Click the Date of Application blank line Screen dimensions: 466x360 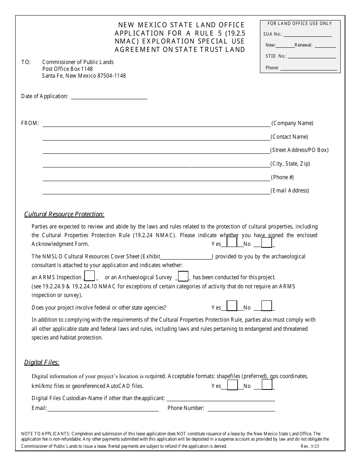[109, 97]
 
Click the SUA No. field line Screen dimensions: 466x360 [307, 34]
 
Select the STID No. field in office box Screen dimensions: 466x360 [311, 56]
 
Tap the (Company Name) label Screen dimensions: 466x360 [292, 123]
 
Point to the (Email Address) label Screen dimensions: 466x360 [290, 191]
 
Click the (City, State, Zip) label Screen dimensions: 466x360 [290, 164]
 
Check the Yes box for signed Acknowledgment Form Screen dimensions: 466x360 [232, 242]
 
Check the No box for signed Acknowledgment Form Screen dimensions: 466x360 [266, 242]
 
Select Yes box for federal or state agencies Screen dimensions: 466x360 [232, 306]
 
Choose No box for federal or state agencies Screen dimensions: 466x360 [267, 306]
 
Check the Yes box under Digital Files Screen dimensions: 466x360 [232, 385]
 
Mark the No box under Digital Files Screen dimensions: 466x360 [267, 385]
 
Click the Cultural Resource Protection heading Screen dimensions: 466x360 [64, 214]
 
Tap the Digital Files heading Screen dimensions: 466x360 [42, 362]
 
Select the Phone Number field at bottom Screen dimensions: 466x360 [241, 408]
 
